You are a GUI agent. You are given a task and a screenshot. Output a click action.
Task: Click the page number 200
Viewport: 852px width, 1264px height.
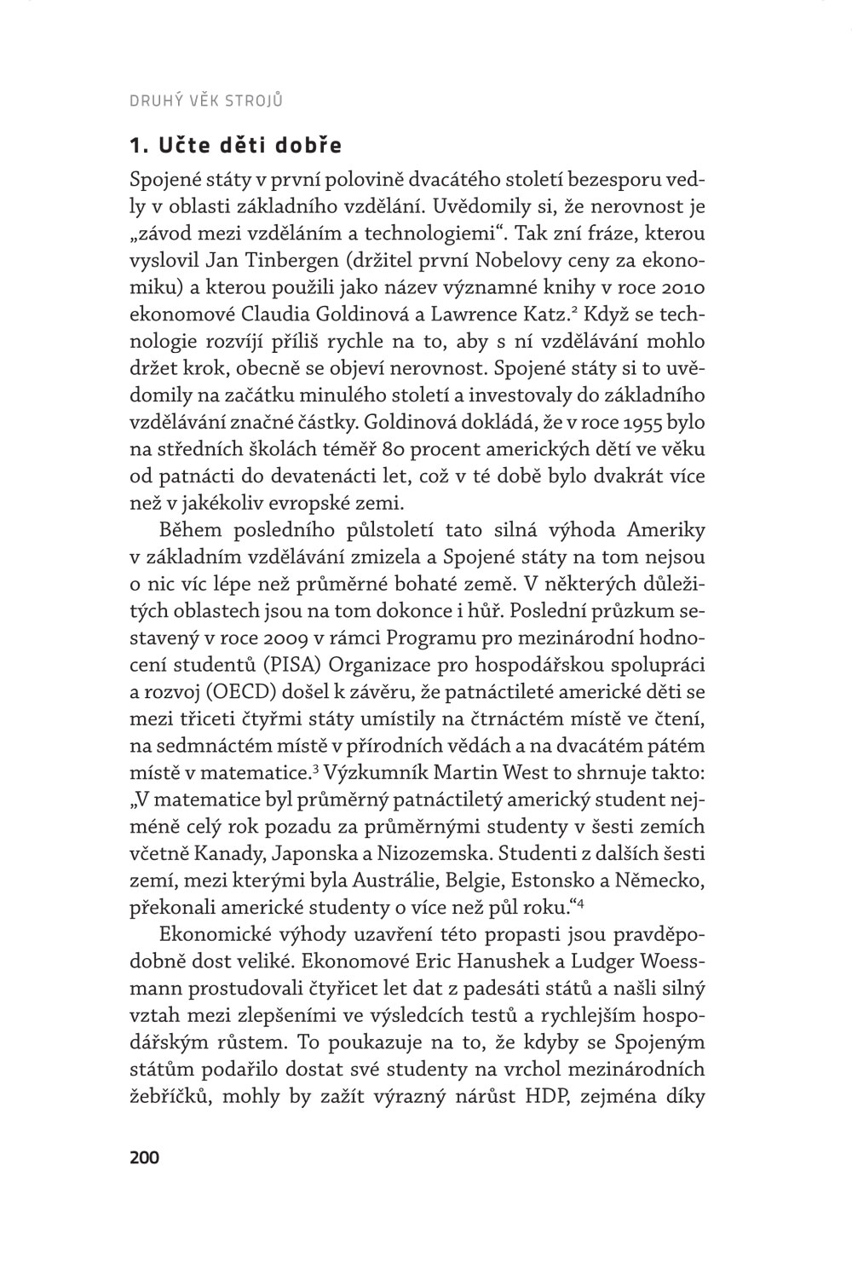(x=143, y=1157)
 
